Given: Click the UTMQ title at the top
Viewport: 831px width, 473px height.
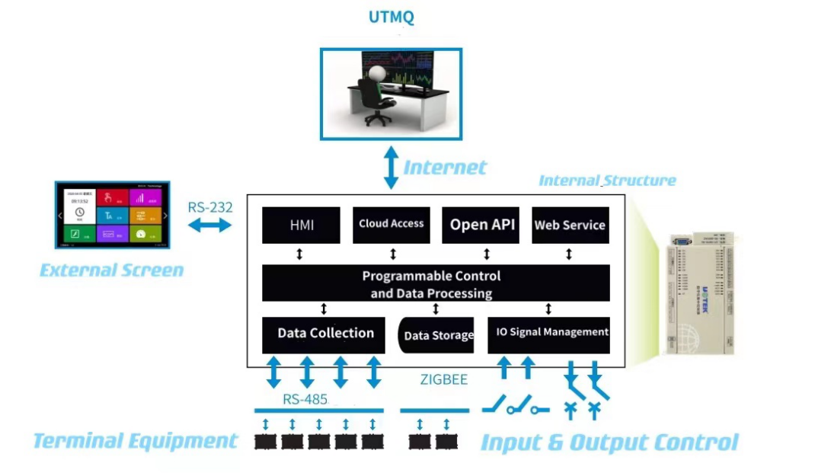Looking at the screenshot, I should click(x=391, y=17).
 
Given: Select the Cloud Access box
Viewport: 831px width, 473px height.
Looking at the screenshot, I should click(x=391, y=224).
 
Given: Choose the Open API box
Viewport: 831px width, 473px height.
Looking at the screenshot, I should click(x=482, y=225).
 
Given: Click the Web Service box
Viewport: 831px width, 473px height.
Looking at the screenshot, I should click(x=570, y=225).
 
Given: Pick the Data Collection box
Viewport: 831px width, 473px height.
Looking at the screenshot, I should click(x=325, y=334).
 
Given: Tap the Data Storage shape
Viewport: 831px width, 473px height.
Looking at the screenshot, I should click(x=437, y=335).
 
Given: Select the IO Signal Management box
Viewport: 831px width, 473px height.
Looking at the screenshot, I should click(x=548, y=333).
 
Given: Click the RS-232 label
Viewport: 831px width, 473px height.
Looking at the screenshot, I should click(x=210, y=207).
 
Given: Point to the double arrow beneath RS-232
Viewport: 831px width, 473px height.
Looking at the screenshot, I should click(x=209, y=225).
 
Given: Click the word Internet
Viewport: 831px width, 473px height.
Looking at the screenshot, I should click(x=445, y=168).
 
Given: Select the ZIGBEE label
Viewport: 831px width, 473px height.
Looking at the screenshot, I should click(x=444, y=379).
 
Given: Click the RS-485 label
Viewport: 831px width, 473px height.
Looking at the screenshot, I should click(x=305, y=399).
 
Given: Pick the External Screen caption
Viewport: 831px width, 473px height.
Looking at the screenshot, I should click(x=111, y=270).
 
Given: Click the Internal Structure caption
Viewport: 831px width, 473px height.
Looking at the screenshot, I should click(x=607, y=181).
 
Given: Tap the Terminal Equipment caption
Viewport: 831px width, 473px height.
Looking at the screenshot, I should click(x=136, y=440).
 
